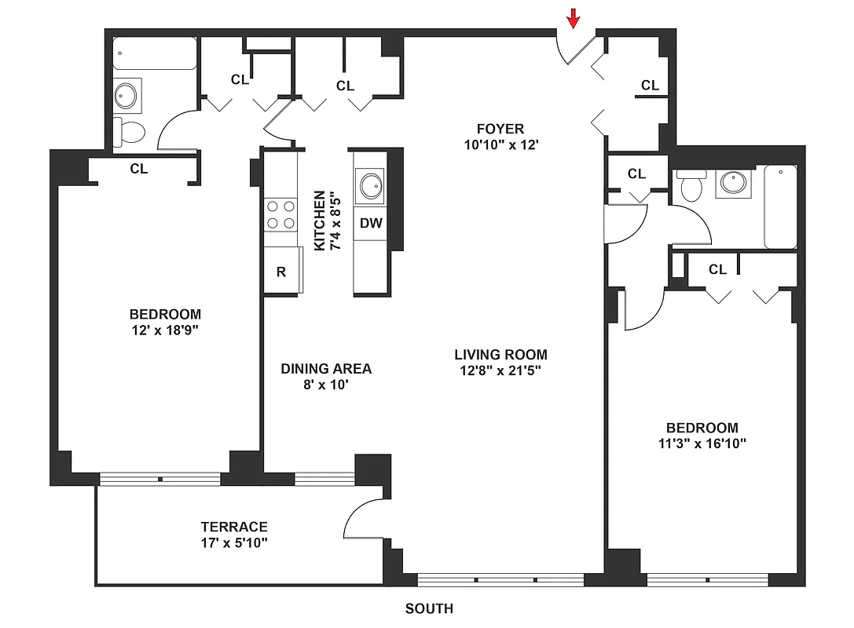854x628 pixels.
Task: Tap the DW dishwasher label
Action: [x=371, y=223]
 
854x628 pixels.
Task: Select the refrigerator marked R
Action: [x=280, y=272]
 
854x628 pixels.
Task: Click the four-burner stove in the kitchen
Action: [x=280, y=214]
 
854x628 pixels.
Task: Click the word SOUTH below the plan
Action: [x=429, y=608]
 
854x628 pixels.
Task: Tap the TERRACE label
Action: [x=234, y=527]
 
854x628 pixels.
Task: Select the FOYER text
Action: [x=500, y=129]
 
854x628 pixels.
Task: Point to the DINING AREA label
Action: [x=326, y=368]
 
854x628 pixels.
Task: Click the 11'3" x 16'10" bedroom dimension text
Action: [x=702, y=443]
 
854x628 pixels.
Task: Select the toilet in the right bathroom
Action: [x=691, y=187]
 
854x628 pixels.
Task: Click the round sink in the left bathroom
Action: [x=126, y=97]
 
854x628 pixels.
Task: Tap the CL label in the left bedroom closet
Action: [x=139, y=168]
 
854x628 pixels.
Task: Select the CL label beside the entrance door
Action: [x=650, y=86]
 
